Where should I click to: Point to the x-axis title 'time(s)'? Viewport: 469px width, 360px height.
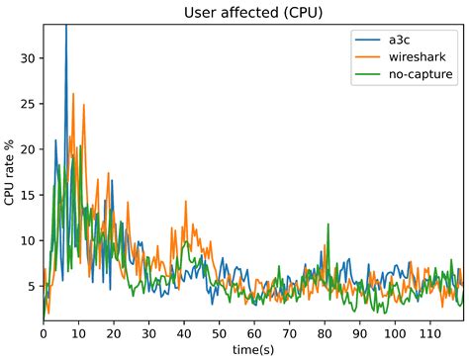coord(253,350)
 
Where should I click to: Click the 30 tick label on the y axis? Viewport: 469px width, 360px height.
coord(28,58)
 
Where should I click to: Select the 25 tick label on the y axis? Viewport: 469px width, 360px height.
coord(28,104)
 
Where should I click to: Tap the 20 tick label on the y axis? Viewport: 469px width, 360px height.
coord(28,149)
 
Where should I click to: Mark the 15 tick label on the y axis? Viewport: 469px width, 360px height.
coord(28,195)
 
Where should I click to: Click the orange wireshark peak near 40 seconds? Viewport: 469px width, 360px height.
coord(185,201)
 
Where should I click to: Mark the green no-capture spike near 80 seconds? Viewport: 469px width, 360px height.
coord(327,225)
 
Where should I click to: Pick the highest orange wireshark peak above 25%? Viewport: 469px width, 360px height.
coord(74,96)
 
